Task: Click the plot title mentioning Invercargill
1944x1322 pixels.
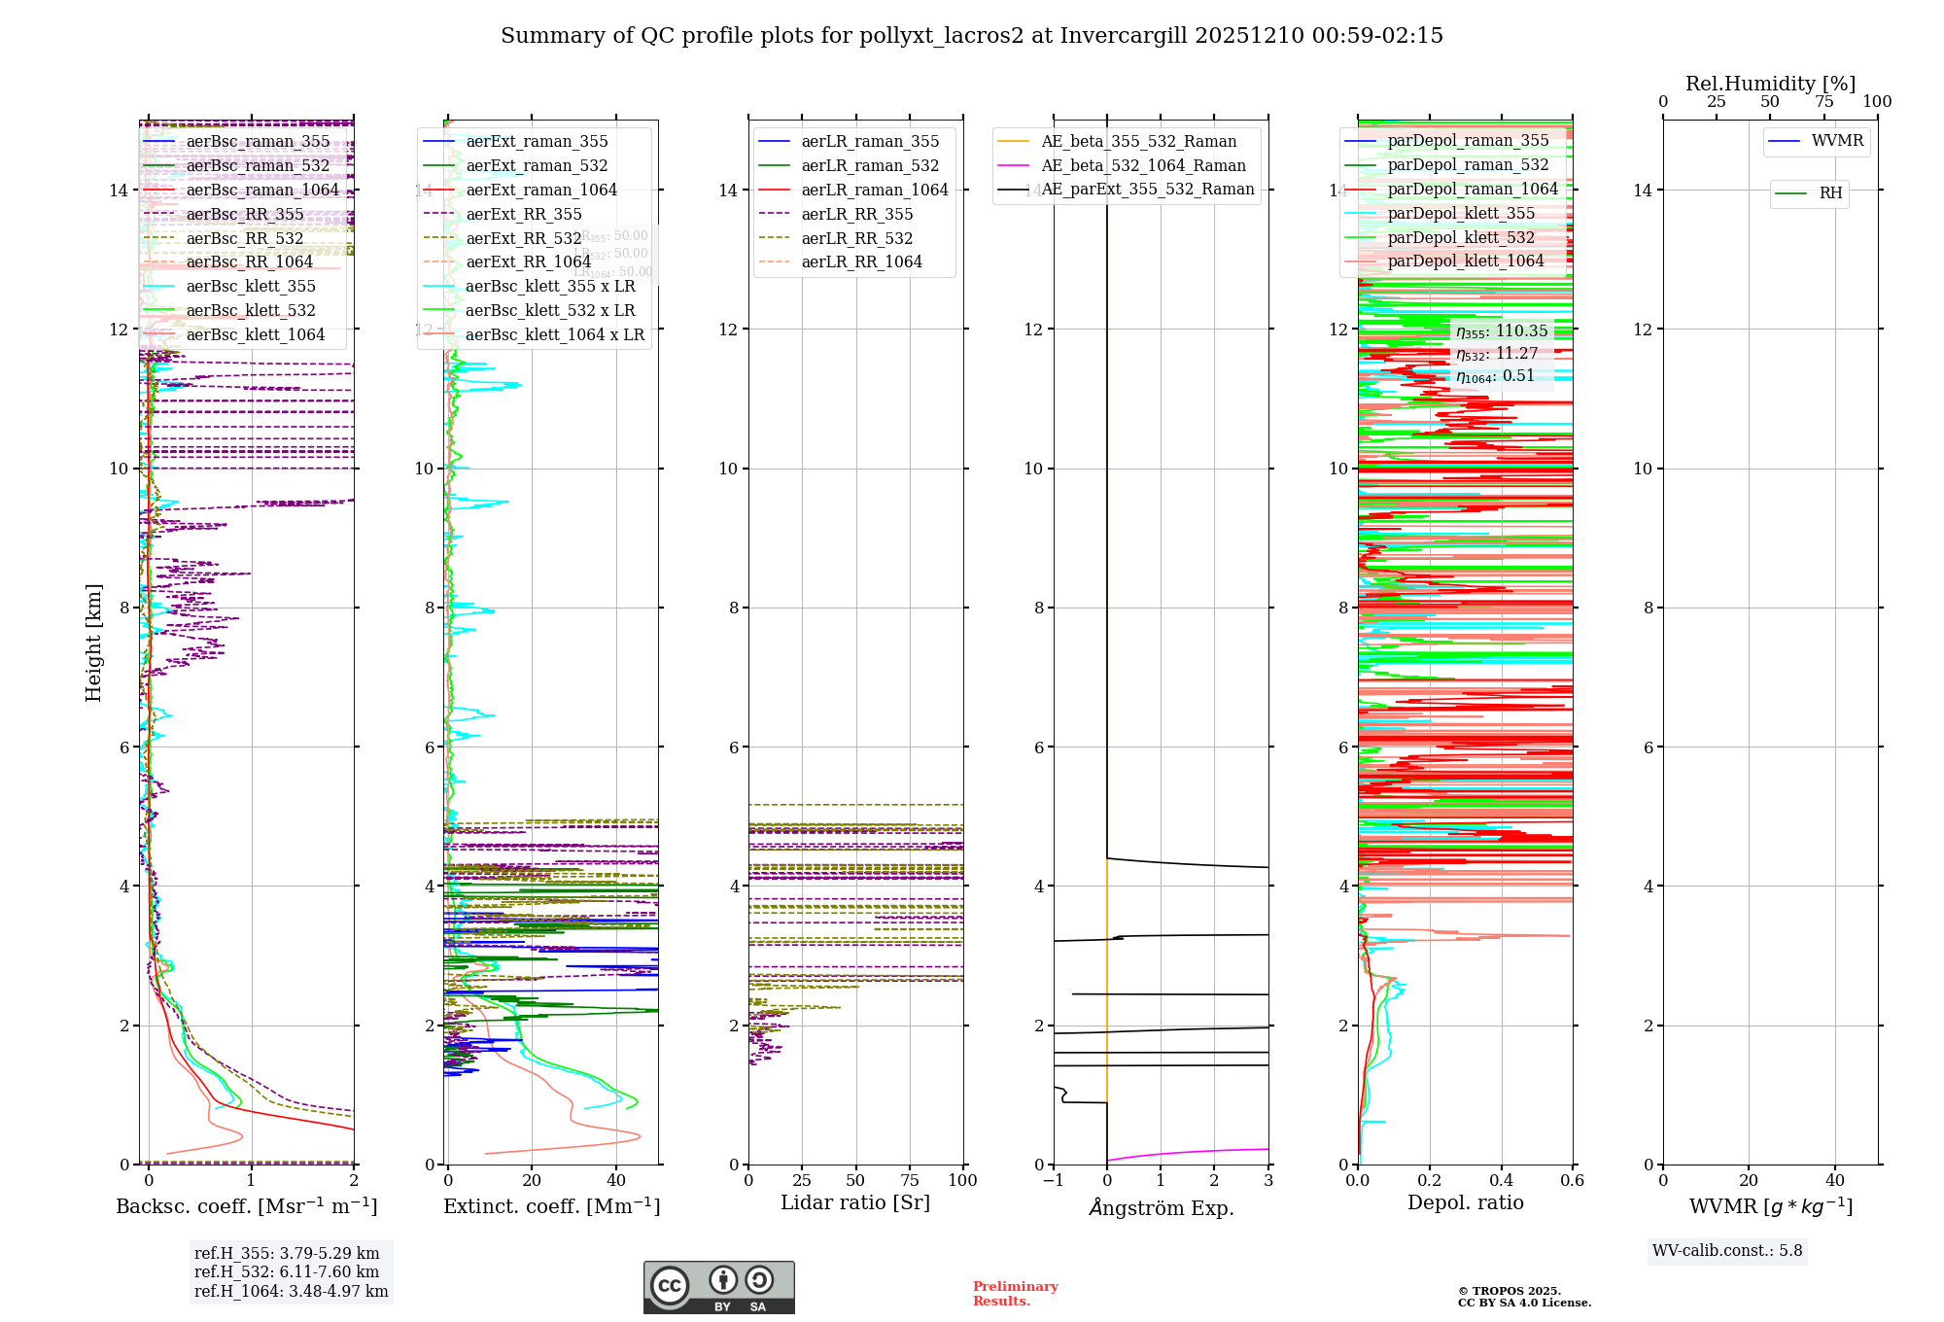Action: point(971,36)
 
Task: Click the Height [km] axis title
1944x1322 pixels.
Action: point(93,643)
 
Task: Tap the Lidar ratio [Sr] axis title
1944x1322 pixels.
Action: point(855,1202)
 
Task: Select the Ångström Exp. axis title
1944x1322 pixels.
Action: point(1161,1207)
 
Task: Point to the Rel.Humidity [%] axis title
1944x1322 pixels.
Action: point(1770,84)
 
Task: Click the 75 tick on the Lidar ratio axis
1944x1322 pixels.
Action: point(910,1180)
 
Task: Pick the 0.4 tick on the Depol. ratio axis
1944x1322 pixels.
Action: point(1501,1180)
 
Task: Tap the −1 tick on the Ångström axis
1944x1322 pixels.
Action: point(1053,1180)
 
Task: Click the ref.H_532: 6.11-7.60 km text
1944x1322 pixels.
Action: point(287,1271)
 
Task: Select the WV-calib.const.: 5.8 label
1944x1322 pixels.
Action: point(1727,1250)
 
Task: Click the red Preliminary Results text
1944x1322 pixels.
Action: point(1015,1294)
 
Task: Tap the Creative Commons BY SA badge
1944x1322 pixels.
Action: point(718,1288)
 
